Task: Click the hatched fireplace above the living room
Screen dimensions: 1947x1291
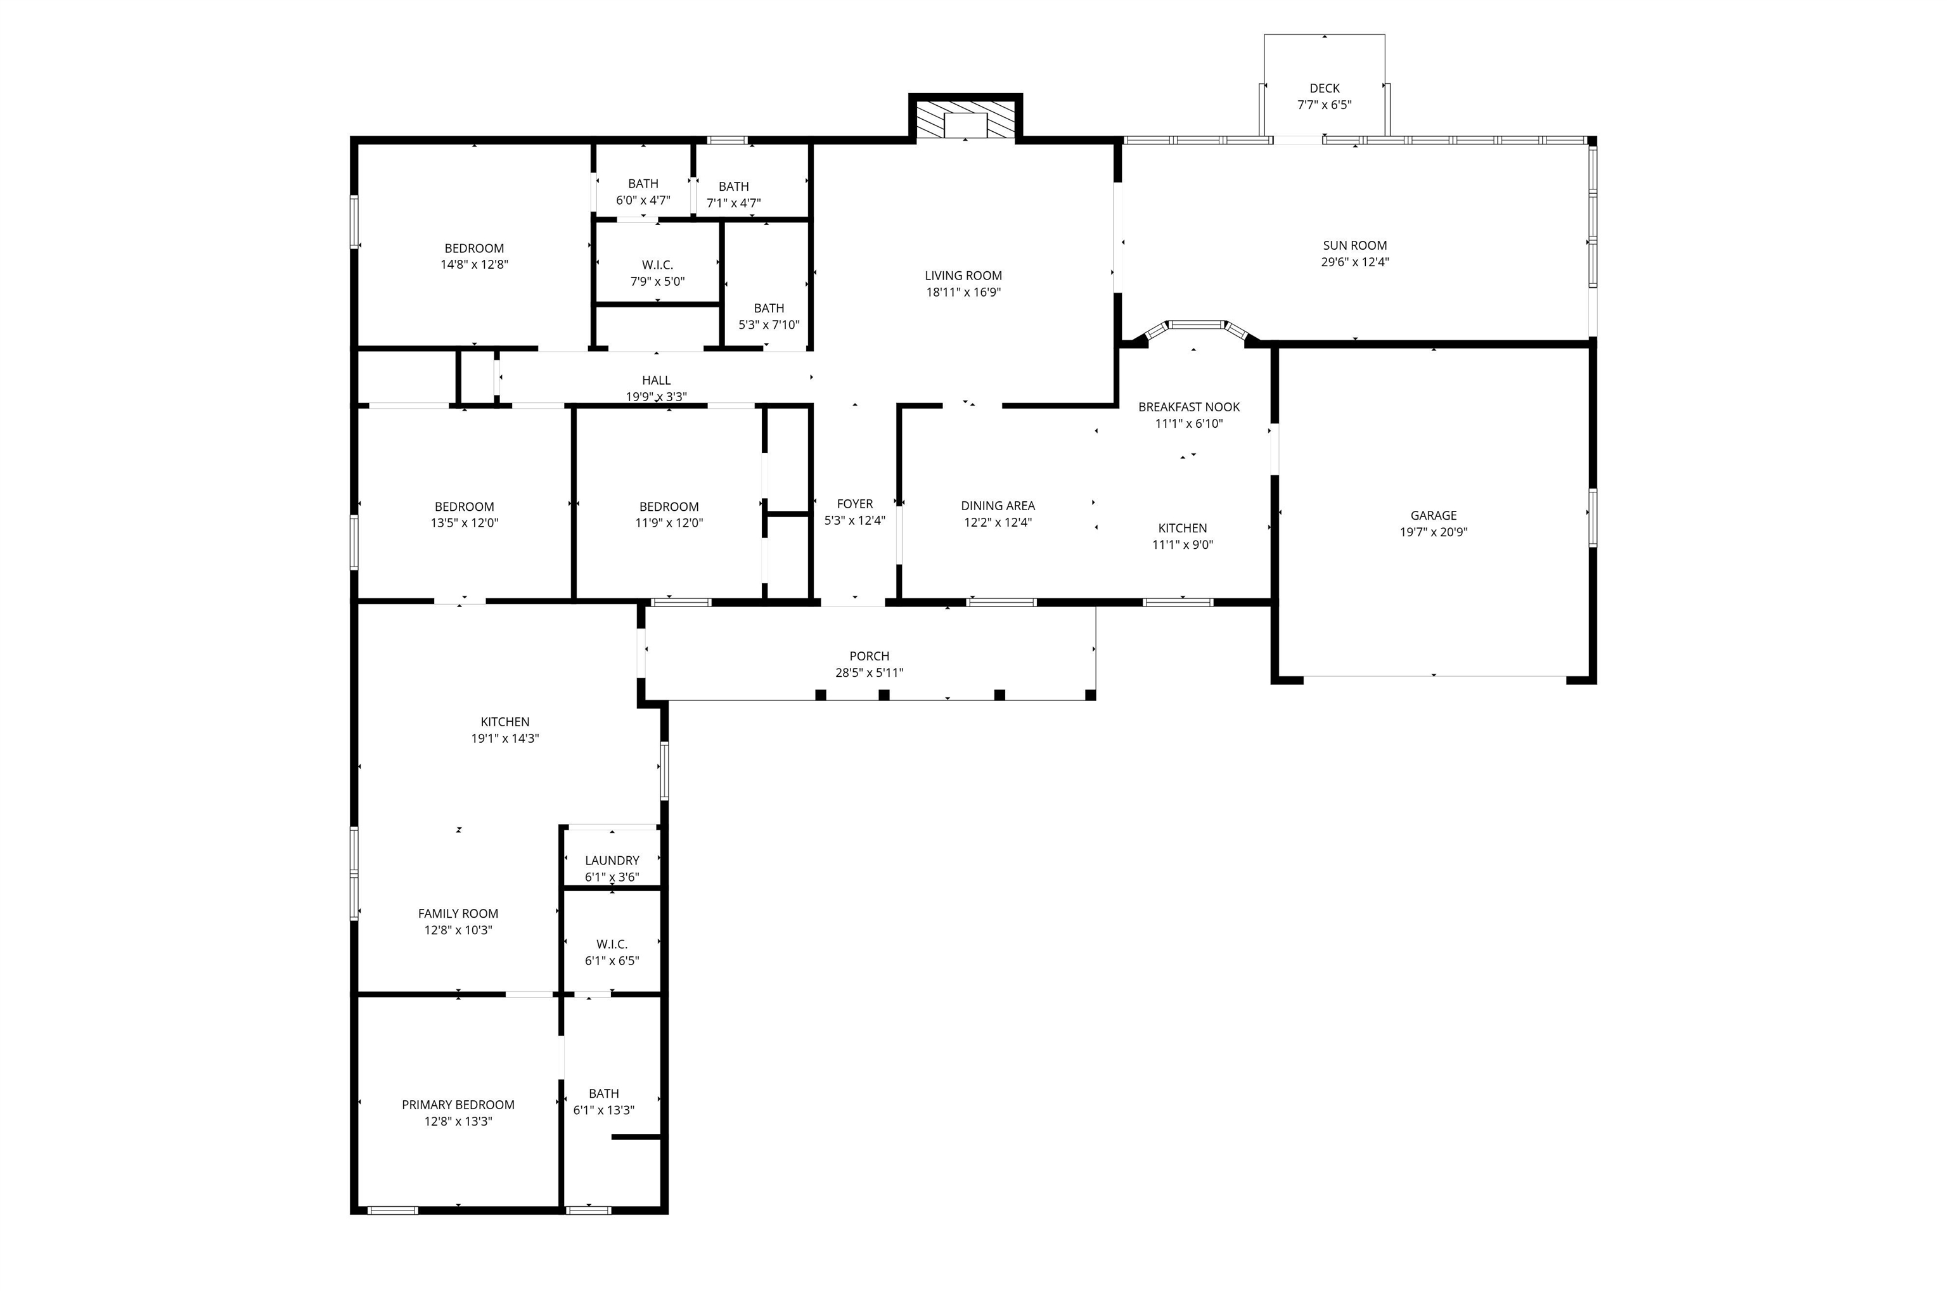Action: tap(965, 119)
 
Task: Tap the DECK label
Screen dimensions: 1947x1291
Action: tap(1324, 88)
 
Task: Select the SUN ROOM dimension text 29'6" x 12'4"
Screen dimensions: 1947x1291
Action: tap(1354, 262)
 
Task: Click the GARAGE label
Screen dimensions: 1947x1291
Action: tap(1433, 515)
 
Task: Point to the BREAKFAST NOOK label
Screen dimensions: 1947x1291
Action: tap(1189, 407)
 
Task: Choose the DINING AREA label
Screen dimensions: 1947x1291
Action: tap(998, 506)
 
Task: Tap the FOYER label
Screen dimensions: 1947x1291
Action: tap(854, 504)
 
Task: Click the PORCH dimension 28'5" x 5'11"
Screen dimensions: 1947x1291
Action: tap(870, 672)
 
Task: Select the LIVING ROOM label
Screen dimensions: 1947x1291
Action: tap(963, 276)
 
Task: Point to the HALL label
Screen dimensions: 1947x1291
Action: tap(656, 380)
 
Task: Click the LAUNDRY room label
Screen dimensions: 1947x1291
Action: tap(612, 861)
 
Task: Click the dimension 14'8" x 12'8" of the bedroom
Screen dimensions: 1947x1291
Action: tap(474, 265)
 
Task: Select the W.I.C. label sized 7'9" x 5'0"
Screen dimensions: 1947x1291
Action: tap(657, 265)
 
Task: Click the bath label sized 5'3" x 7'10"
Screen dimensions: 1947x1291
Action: tap(769, 308)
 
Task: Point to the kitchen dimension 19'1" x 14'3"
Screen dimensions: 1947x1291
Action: tap(504, 738)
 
